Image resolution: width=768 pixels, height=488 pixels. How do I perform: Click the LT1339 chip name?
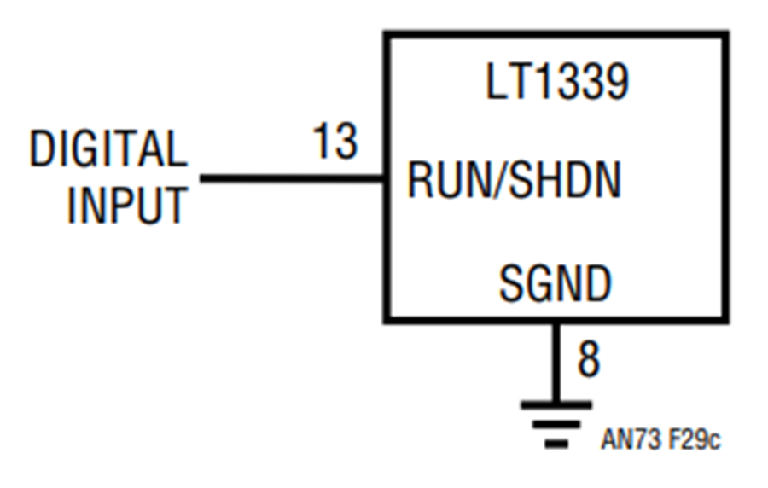point(557,82)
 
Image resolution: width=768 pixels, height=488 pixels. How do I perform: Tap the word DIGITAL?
point(108,148)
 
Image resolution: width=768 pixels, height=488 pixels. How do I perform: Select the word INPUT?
point(127,205)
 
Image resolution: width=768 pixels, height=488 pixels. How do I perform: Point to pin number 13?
point(335,141)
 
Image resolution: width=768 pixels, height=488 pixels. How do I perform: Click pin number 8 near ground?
point(589,359)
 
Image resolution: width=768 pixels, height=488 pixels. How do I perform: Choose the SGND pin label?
point(555,283)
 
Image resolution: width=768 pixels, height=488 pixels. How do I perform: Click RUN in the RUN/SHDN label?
point(448,180)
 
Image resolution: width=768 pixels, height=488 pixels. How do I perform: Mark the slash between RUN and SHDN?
point(499,180)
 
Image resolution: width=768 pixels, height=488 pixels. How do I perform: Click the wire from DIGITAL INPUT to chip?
point(292,178)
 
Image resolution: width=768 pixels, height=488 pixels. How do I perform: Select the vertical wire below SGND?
point(556,363)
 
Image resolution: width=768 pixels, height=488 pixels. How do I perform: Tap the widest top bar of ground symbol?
point(556,405)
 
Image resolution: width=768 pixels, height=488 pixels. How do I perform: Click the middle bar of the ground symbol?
point(556,424)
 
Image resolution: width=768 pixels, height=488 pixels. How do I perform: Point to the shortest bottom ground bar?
point(556,444)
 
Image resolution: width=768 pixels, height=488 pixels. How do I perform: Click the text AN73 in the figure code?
point(631,439)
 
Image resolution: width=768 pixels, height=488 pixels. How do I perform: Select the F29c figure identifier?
point(695,439)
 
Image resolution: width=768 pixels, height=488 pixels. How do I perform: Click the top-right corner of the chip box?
point(726,34)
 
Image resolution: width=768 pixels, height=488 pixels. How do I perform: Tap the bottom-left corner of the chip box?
point(387,320)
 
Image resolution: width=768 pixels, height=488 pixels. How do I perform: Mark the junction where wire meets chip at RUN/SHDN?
point(386,178)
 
